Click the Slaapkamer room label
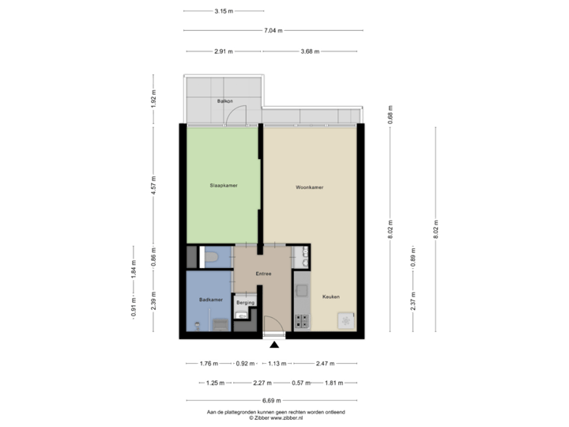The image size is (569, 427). tap(224, 186)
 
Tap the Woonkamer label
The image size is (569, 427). tap(310, 188)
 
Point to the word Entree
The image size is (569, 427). tap(263, 274)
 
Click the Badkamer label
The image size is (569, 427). tap(209, 300)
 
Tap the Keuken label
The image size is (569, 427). tap(330, 297)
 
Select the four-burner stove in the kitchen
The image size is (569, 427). tap(301, 321)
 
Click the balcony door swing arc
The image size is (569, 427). tap(235, 116)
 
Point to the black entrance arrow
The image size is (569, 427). tap(273, 343)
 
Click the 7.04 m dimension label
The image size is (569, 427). tap(273, 31)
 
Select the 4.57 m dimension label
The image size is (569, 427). tap(154, 184)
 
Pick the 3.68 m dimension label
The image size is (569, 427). tap(311, 51)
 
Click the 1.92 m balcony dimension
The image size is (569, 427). tap(154, 100)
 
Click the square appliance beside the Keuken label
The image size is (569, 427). tap(346, 320)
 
